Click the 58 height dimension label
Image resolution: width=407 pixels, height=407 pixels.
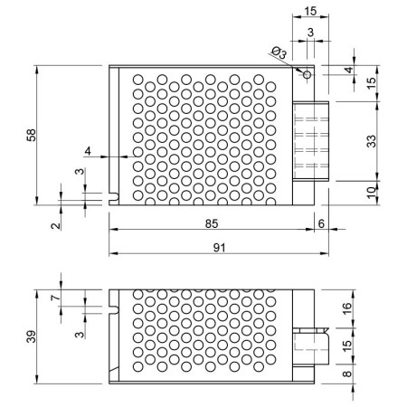click(x=32, y=135)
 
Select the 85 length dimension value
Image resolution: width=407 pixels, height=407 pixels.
click(x=212, y=223)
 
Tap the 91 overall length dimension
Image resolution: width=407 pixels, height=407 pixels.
click(x=220, y=248)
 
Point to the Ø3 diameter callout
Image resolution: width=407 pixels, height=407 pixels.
click(x=279, y=52)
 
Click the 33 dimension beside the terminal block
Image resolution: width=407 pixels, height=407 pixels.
click(x=372, y=141)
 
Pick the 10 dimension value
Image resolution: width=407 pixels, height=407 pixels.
click(x=372, y=191)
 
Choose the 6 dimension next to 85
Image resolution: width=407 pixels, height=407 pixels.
click(x=321, y=223)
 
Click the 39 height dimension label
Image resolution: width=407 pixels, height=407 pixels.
click(x=32, y=336)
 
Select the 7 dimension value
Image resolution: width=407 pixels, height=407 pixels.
click(x=56, y=298)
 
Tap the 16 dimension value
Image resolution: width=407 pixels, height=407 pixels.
click(x=347, y=308)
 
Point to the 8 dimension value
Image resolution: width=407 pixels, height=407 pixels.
click(x=347, y=374)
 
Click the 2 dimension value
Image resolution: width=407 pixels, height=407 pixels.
click(x=56, y=225)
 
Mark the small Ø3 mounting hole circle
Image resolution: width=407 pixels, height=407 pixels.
click(x=307, y=74)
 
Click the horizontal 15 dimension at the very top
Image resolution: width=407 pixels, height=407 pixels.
click(x=310, y=12)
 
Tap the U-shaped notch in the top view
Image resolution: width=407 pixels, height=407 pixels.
click(x=114, y=197)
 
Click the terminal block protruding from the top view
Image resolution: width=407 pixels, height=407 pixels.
click(x=310, y=141)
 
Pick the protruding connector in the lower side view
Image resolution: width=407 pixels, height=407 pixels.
click(x=310, y=346)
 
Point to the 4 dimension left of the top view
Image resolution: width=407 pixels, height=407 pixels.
click(x=88, y=151)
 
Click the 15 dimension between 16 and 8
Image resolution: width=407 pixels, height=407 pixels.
click(x=347, y=345)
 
